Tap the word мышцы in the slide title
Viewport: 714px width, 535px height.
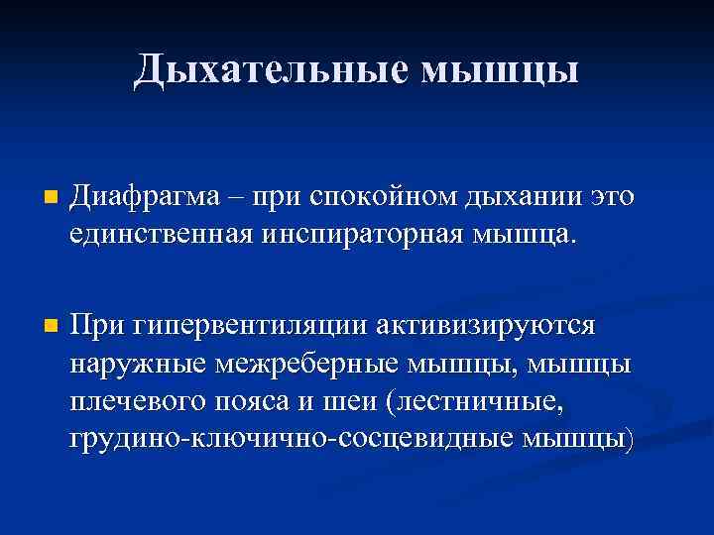coord(498,68)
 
